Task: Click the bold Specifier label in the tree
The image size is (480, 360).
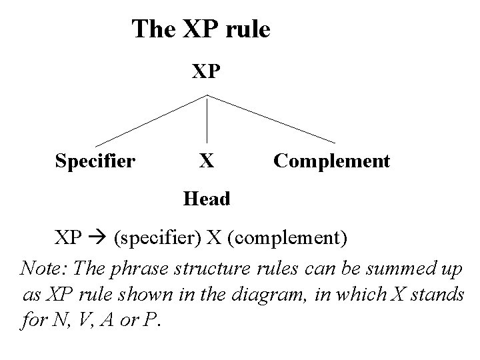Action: tap(95, 161)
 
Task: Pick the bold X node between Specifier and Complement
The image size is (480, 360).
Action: tap(207, 161)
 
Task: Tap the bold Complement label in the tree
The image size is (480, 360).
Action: tap(331, 161)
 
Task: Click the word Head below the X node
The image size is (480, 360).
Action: tap(207, 199)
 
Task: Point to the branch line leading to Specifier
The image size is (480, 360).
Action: tap(151, 121)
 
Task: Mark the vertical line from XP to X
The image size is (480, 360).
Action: tap(208, 120)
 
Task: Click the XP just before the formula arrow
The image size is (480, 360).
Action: tap(69, 237)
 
